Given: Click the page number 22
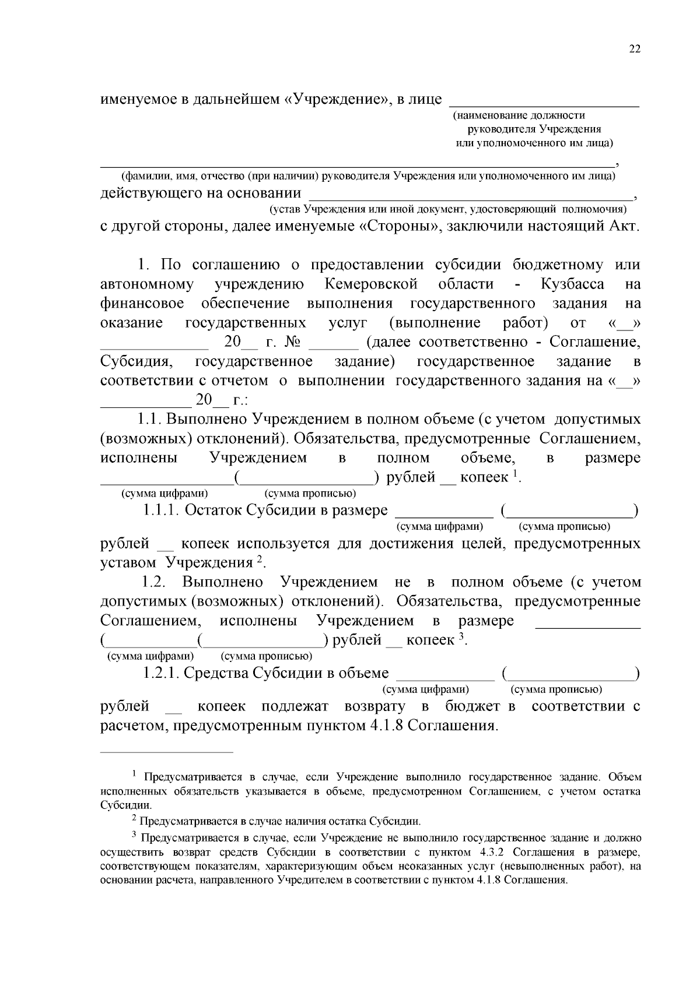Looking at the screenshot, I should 635,50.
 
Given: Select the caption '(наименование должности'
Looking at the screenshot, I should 519,116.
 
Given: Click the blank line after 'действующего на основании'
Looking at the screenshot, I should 470,199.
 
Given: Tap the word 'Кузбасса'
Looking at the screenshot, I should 572,284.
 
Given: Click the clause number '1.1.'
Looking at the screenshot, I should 149,420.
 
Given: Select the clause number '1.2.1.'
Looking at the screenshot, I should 160,673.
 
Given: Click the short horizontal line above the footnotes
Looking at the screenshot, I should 167,752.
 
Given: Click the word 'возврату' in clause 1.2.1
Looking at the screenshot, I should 374,707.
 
